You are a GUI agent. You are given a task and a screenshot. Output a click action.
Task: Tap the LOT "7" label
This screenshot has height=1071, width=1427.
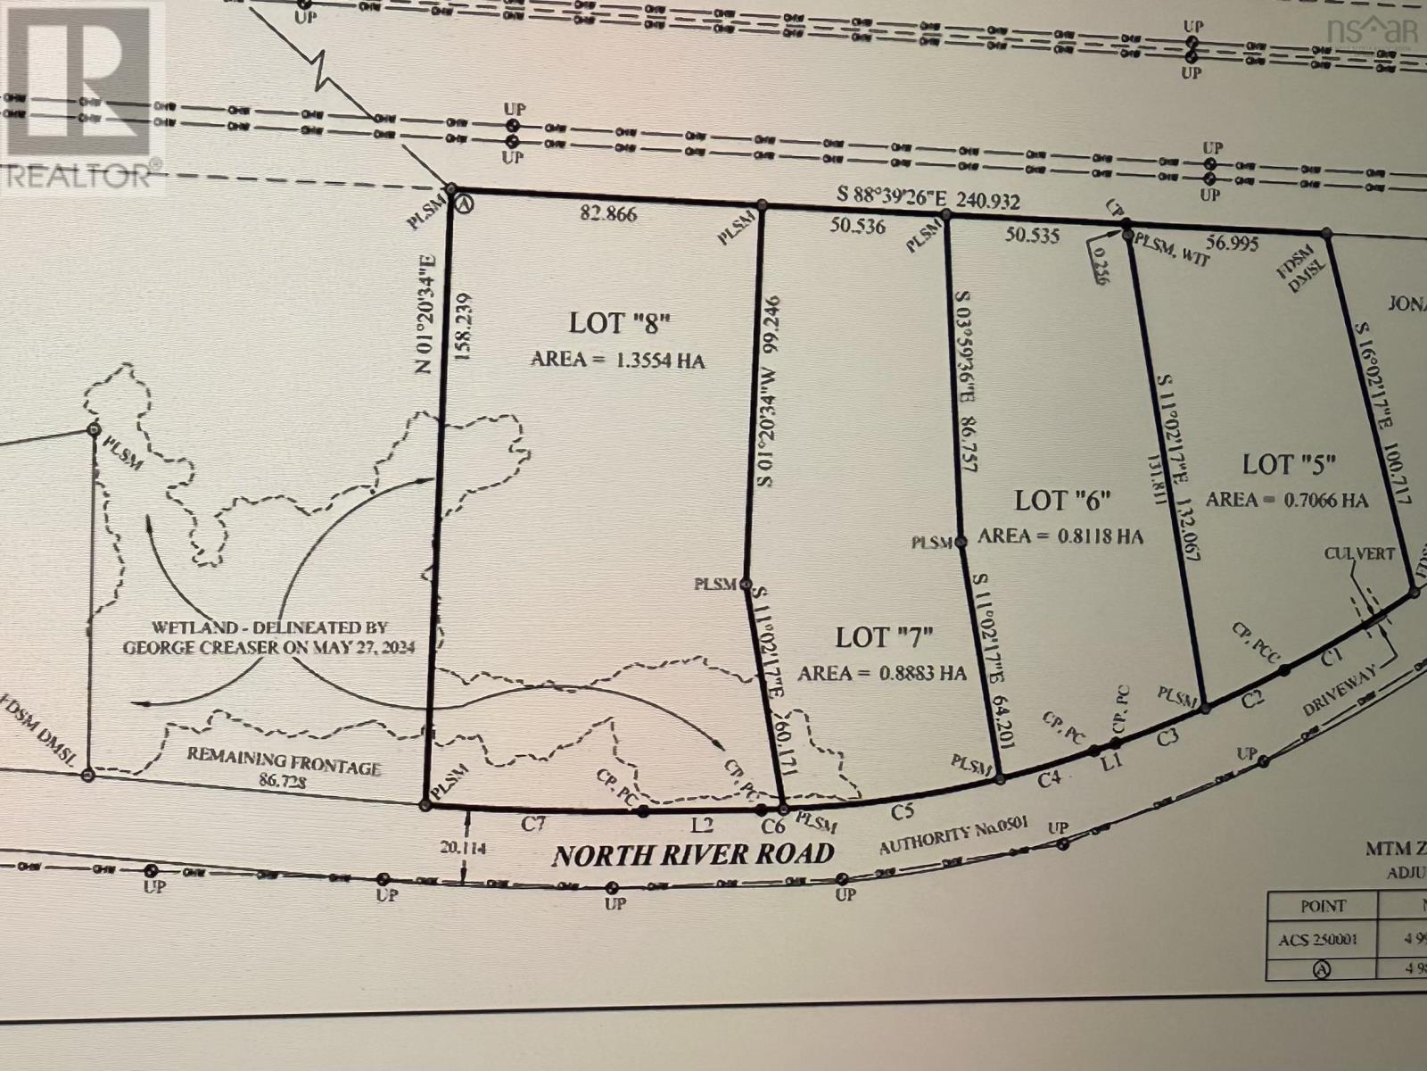click(x=884, y=637)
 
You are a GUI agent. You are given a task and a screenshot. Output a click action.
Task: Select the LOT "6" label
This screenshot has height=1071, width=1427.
click(x=1062, y=500)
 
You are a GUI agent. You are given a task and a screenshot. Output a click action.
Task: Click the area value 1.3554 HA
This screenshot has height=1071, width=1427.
click(x=618, y=360)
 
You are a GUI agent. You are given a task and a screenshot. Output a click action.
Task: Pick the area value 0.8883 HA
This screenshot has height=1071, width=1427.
click(x=882, y=673)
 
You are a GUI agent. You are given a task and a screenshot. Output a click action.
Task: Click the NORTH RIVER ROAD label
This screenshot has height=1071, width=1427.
click(x=693, y=855)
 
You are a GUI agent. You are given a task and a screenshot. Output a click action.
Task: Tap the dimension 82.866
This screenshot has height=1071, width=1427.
click(x=607, y=214)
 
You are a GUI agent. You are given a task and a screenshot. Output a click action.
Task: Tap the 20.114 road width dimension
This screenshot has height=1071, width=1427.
click(x=462, y=849)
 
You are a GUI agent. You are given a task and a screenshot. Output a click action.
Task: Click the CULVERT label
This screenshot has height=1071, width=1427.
click(x=1358, y=554)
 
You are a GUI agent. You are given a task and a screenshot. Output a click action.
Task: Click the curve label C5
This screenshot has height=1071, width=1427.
click(x=903, y=811)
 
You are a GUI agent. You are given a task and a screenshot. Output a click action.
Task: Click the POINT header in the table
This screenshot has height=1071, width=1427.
click(x=1322, y=906)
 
